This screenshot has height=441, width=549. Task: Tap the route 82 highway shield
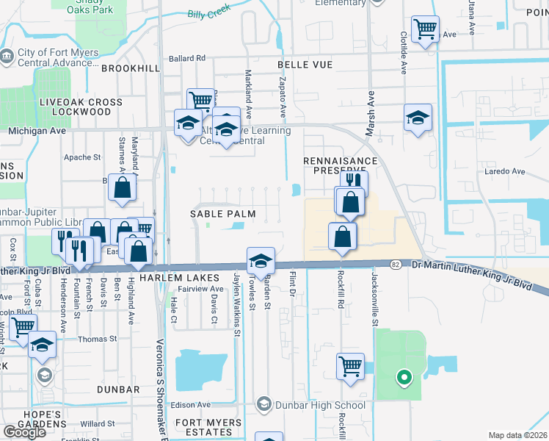point(397,264)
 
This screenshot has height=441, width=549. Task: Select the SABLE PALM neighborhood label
point(223,214)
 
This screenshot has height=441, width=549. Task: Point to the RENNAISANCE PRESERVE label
point(340,165)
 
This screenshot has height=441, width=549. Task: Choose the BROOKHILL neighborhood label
point(130,68)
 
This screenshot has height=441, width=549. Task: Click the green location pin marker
point(403,379)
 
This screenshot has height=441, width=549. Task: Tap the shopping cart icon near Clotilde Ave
point(425,30)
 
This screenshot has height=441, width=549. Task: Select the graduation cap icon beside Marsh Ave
point(418,118)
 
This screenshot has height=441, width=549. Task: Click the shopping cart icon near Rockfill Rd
point(351,365)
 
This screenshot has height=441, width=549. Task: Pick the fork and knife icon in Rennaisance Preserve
point(353,181)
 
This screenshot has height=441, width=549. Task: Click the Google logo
point(24,432)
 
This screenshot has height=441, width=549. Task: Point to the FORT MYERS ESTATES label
point(208,429)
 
